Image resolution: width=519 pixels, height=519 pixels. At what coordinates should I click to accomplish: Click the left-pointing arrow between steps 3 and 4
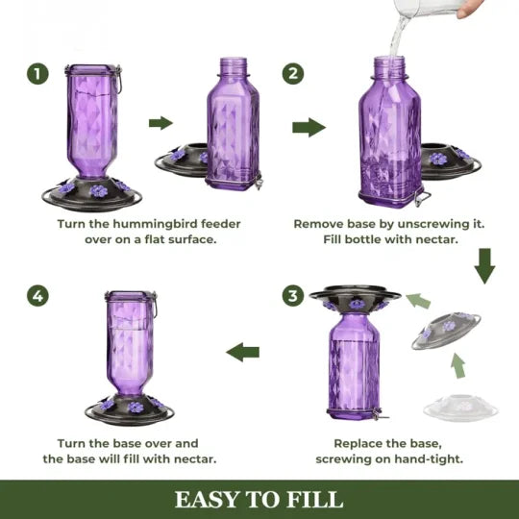pyautogui.click(x=244, y=352)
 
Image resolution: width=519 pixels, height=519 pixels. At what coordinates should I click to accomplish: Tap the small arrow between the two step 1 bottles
pyautogui.click(x=160, y=123)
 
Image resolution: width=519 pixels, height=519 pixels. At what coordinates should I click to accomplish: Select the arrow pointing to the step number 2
pyautogui.click(x=308, y=127)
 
